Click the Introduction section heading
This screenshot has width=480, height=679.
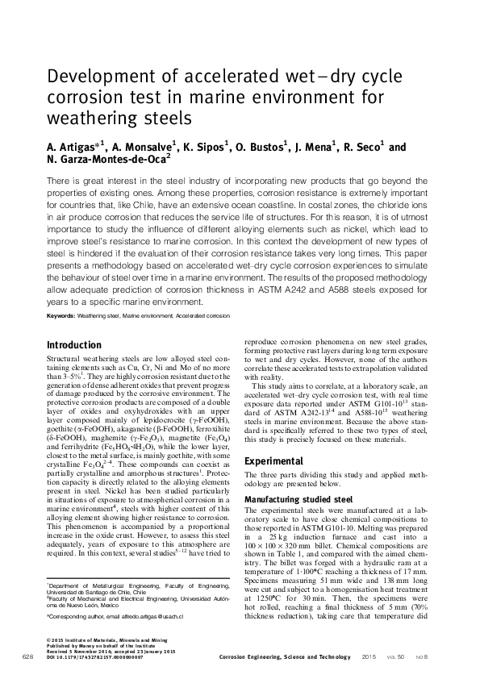point(76,344)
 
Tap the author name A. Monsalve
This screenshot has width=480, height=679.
point(140,148)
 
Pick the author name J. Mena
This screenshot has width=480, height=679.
point(319,148)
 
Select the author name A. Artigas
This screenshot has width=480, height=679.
point(73,148)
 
